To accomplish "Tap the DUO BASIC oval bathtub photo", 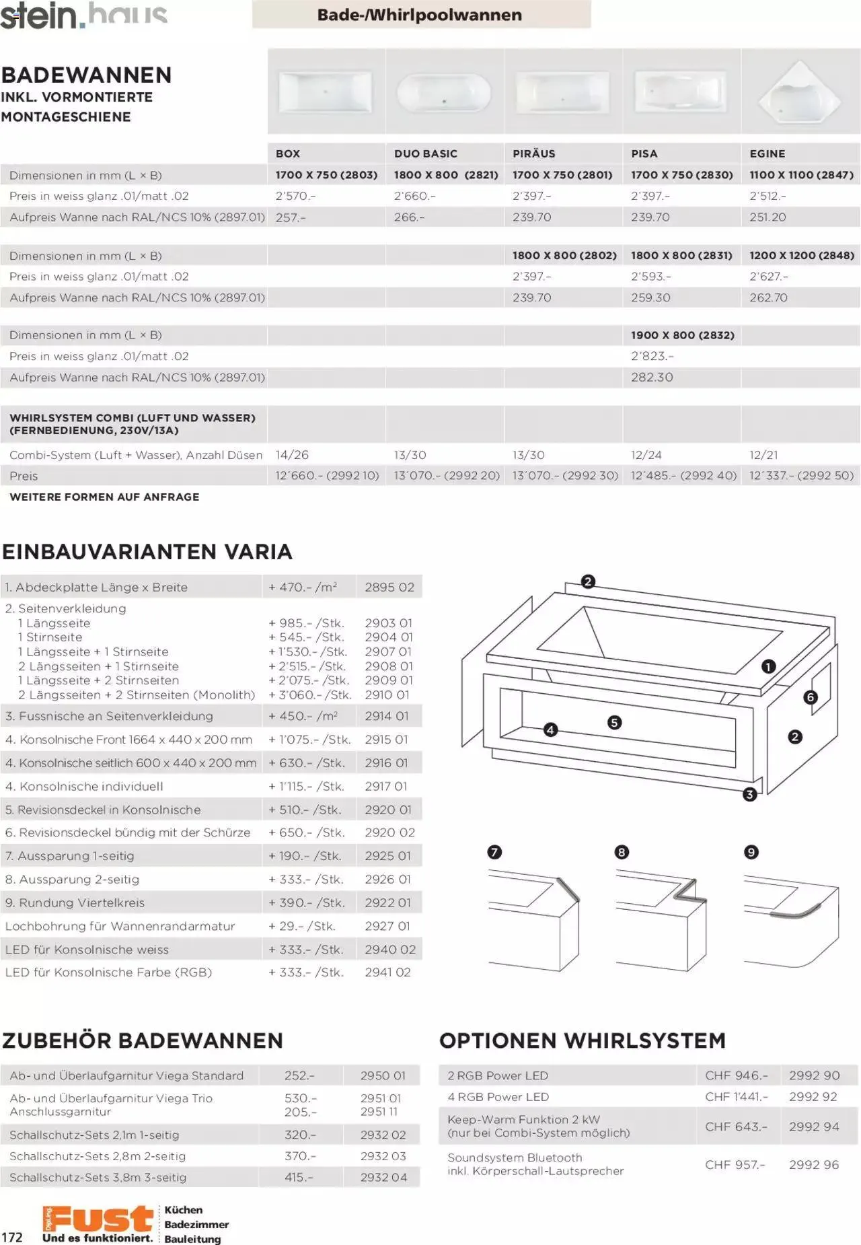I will (x=444, y=92).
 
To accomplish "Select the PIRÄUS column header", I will (x=534, y=153).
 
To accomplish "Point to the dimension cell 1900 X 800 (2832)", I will (x=682, y=335).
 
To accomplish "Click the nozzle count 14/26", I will (x=292, y=455).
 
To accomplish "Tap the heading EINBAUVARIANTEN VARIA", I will (x=147, y=552).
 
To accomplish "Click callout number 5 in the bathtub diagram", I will (x=614, y=723).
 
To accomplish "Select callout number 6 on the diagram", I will (x=810, y=697).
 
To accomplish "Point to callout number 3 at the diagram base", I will (x=749, y=795).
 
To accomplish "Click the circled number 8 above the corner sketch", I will (x=622, y=853).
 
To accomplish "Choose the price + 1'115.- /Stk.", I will (x=306, y=786).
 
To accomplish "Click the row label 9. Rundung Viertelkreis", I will (x=75, y=903).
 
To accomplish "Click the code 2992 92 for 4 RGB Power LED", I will (x=813, y=1097).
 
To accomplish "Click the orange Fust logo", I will (x=98, y=1219).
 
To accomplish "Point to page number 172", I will (x=12, y=1237).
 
